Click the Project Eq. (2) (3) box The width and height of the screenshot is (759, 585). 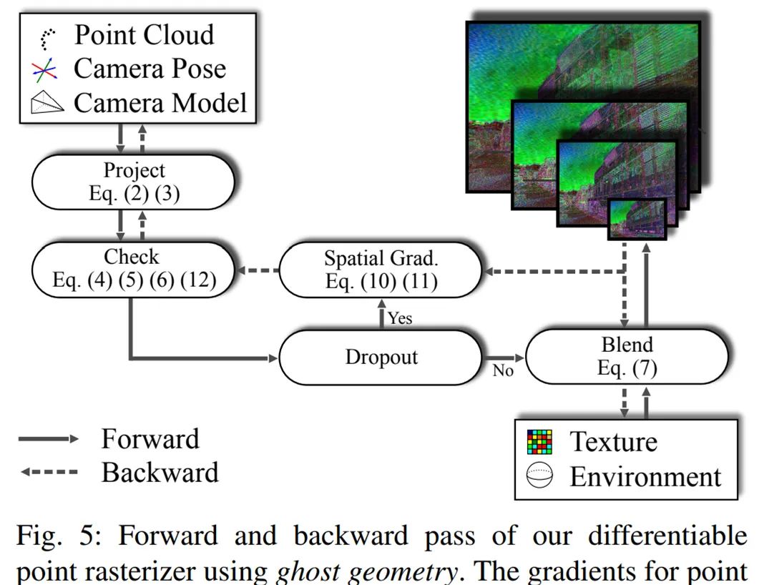pos(133,182)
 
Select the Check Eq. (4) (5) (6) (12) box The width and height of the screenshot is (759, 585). pos(133,269)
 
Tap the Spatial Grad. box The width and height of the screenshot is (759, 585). pos(380,269)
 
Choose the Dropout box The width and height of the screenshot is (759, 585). pos(380,357)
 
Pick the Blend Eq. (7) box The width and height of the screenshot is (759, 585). pos(627,357)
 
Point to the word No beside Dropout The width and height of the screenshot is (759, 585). pos(503,371)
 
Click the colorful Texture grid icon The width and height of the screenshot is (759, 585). pos(539,442)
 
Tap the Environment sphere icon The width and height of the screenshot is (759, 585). pos(539,476)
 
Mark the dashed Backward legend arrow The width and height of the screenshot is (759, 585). pos(47,473)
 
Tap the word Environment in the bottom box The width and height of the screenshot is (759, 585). pos(645,476)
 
